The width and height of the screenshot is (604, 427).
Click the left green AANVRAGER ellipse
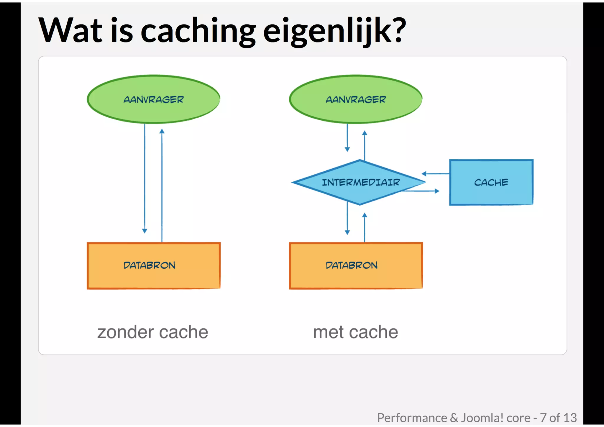[153, 99]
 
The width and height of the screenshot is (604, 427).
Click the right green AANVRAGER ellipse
[356, 99]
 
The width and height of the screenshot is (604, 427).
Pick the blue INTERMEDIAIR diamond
[360, 182]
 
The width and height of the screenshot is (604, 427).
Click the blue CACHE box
[491, 182]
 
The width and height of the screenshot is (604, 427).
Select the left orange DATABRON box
[153, 265]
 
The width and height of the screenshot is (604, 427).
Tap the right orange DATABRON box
[356, 265]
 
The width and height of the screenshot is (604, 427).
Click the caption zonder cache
[153, 332]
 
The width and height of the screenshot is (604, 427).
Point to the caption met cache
[355, 332]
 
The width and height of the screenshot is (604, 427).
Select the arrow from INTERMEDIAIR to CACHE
[422, 191]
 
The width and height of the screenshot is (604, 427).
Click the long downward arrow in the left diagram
[145, 177]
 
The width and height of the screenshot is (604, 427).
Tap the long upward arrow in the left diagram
[162, 186]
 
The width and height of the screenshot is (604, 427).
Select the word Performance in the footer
[412, 418]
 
